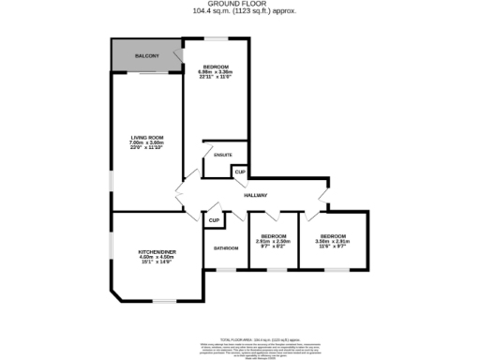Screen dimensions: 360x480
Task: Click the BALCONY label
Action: coord(145,57)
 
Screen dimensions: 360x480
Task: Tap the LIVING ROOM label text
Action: coord(146,138)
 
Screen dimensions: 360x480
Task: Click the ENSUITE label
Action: coord(223,155)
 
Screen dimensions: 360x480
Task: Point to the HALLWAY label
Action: coord(256,195)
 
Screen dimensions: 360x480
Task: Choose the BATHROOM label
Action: coord(226,248)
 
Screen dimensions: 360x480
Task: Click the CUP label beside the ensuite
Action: coord(239,172)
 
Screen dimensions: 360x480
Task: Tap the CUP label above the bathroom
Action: coord(214,220)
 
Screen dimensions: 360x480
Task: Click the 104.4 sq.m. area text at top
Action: coord(240,12)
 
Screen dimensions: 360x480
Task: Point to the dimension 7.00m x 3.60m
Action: coord(146,142)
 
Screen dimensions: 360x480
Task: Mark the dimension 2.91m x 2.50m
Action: coord(273,241)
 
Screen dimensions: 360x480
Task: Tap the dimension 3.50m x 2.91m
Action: coord(334,241)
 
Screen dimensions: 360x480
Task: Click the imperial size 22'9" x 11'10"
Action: coord(146,148)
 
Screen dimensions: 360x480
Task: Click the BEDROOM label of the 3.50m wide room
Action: coord(334,235)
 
